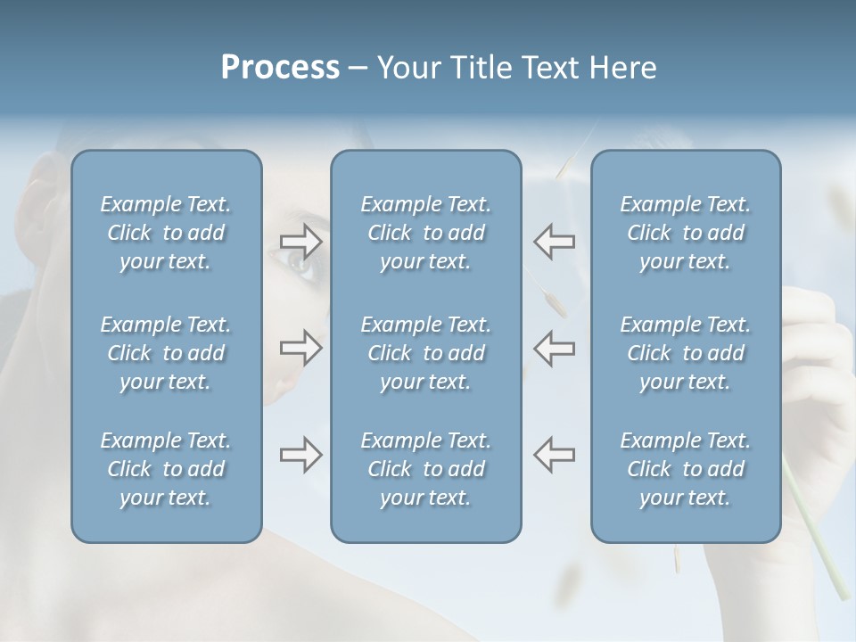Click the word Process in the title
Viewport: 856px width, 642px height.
pos(280,68)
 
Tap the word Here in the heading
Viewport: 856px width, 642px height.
pos(623,68)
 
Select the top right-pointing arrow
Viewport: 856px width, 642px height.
pos(301,241)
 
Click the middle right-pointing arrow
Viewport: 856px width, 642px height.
pos(301,348)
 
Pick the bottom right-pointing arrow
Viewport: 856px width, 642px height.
pos(301,455)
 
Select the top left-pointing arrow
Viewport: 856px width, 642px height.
pos(554,241)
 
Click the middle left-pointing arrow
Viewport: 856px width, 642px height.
pos(554,348)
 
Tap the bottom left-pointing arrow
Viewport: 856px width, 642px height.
pos(554,455)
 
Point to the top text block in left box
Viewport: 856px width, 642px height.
pos(166,233)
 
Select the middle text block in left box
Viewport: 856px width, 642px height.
pos(166,353)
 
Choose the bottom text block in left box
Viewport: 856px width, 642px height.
pos(166,469)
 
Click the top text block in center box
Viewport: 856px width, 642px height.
pos(426,233)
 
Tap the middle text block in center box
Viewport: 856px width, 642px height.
pos(426,353)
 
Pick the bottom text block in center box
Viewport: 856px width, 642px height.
pos(426,469)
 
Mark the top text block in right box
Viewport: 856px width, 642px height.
pos(686,233)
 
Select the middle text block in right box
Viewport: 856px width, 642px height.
pos(686,353)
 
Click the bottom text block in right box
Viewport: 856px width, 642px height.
pos(686,469)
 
